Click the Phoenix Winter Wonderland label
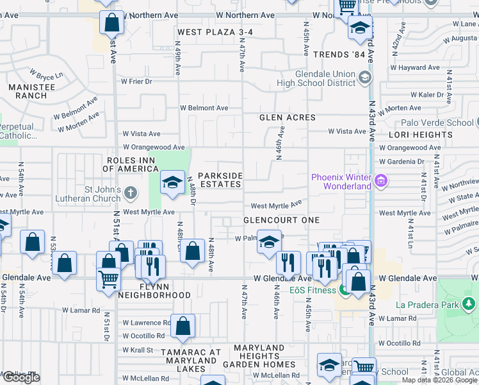341,182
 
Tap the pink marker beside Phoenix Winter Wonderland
382,182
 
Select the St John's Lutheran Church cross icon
131,192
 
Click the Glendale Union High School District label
316,78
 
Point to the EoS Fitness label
313,290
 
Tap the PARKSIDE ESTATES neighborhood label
220,180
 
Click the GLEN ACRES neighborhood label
288,117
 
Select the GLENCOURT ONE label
281,220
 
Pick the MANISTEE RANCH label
26,91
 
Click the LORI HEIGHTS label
420,135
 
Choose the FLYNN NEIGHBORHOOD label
153,290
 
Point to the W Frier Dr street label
136,81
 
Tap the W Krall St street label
138,350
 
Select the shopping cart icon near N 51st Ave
109,278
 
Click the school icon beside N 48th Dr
172,182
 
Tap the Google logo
21,377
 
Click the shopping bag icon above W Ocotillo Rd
183,325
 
